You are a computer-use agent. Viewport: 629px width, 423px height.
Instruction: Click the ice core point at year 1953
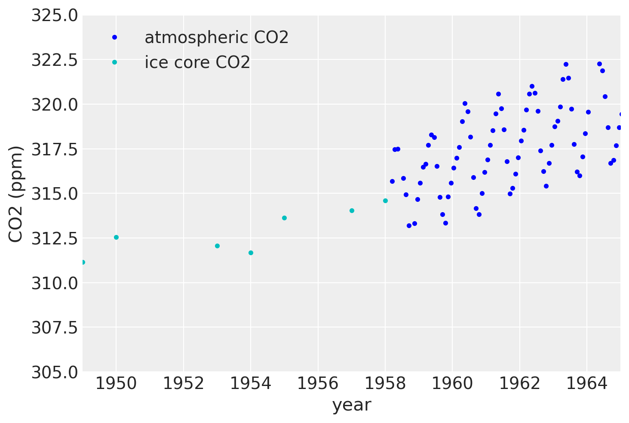[x=217, y=246]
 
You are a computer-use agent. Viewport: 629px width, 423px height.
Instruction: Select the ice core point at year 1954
[x=251, y=253]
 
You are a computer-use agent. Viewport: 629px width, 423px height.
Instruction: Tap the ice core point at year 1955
[x=284, y=218]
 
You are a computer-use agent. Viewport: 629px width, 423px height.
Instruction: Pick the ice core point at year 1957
[x=352, y=210]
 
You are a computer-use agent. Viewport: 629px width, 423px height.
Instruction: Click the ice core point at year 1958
[x=385, y=201]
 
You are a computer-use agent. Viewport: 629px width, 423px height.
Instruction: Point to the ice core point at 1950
[x=116, y=237]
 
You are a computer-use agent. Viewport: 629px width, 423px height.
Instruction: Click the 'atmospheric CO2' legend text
[x=216, y=38]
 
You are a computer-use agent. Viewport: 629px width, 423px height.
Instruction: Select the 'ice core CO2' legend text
[x=197, y=62]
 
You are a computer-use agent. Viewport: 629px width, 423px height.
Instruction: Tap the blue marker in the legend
[x=114, y=37]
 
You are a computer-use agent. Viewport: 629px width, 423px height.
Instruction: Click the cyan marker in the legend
[x=114, y=62]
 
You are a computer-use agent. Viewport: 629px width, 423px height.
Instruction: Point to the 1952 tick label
[x=183, y=383]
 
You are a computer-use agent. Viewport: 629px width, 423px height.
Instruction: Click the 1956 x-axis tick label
[x=318, y=383]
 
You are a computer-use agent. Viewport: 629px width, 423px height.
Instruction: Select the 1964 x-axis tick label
[x=587, y=383]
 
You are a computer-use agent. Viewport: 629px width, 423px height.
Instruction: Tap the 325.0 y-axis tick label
[x=55, y=16]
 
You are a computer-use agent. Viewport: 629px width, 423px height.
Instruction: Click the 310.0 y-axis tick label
[x=55, y=283]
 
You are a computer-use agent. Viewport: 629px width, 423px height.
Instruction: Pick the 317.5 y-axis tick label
[x=55, y=149]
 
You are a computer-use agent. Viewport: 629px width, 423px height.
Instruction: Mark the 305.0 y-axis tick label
[x=55, y=372]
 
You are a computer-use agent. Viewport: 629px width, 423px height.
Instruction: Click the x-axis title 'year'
[x=351, y=405]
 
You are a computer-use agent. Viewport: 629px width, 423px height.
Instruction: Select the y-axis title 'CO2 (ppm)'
[x=16, y=194]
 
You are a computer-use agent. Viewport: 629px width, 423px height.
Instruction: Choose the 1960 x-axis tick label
[x=452, y=383]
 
